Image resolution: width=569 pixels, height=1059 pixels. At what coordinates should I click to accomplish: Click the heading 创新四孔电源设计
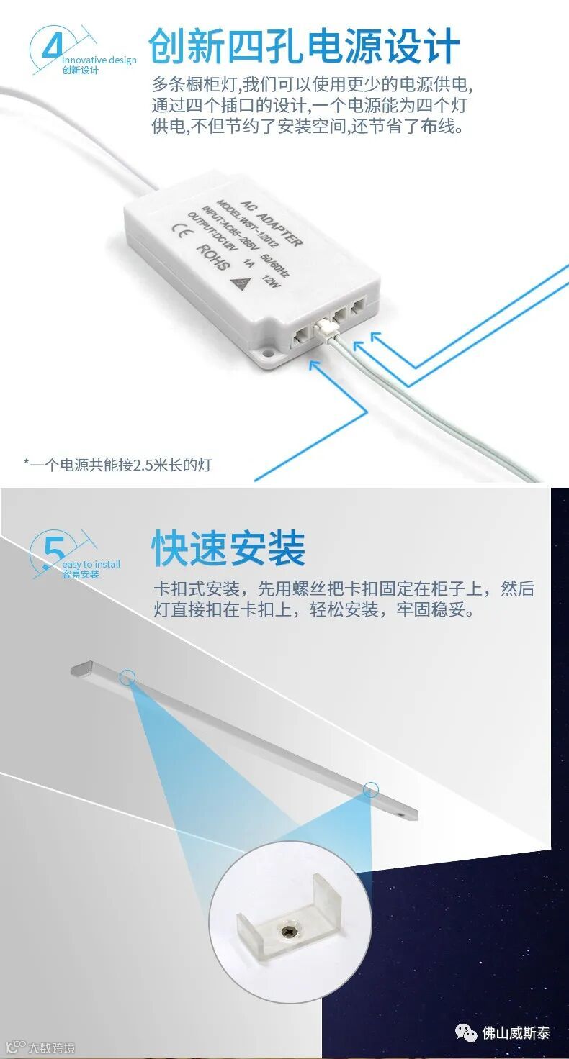305,46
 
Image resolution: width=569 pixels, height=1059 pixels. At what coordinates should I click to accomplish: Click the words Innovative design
99,60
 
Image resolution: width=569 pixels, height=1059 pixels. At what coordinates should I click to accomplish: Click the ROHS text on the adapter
213,257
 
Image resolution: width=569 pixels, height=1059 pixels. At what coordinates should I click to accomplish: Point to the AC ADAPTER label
272,223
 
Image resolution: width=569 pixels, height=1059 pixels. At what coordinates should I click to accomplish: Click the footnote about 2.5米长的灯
118,465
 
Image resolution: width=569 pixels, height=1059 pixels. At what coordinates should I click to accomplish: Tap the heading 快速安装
228,548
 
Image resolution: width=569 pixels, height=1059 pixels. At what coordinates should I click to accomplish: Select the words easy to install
91,565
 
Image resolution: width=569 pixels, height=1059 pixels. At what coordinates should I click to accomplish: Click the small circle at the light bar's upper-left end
127,678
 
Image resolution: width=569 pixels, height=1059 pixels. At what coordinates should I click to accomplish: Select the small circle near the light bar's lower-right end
371,789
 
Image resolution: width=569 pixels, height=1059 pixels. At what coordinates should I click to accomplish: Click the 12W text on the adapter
271,281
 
